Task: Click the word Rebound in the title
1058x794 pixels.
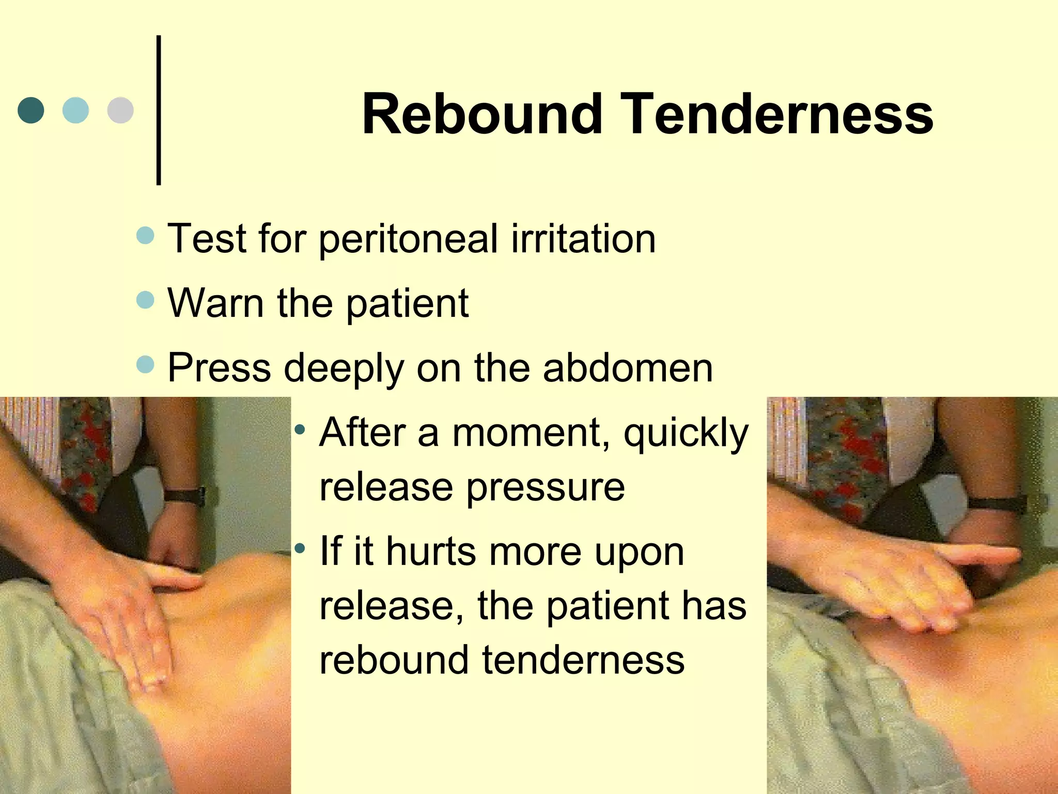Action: coord(482,114)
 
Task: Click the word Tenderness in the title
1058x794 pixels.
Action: coord(780,114)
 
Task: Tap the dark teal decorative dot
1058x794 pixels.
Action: coord(31,110)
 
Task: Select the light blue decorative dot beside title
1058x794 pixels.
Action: coord(75,110)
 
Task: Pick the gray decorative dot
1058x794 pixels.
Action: coord(120,110)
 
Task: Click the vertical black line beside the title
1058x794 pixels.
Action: coord(159,110)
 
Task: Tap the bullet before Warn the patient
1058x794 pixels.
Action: coord(146,300)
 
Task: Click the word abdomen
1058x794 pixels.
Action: coord(627,368)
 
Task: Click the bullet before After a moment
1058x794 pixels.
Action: coord(300,430)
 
